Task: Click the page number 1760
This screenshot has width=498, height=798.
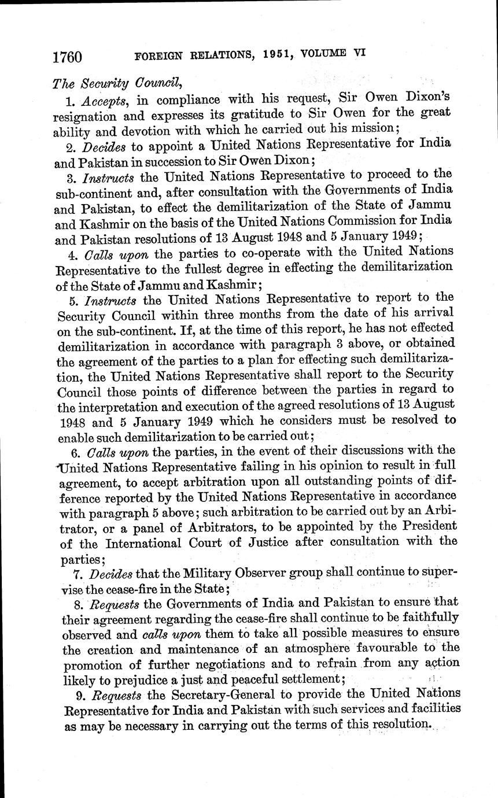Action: pos(67,57)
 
